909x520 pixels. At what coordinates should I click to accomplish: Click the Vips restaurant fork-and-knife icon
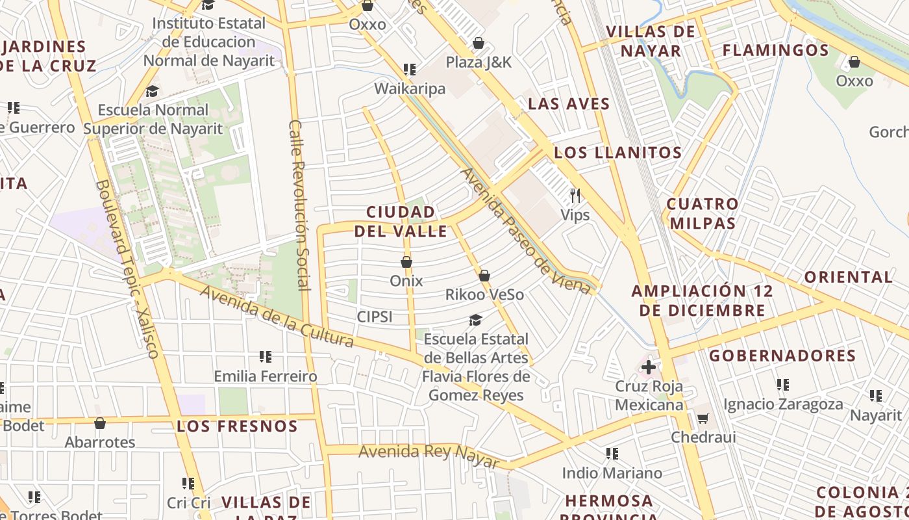(x=575, y=195)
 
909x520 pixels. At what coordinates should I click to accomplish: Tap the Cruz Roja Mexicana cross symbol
(x=648, y=367)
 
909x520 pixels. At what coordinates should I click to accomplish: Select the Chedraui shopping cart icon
(x=703, y=418)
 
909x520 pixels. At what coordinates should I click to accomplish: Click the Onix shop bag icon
(x=406, y=262)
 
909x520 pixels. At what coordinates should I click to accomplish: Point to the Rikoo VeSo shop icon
(x=484, y=276)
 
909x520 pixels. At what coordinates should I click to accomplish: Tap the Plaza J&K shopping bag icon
(x=479, y=43)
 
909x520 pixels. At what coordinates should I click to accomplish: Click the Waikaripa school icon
(x=410, y=69)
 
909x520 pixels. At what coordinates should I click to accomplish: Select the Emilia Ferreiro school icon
(x=266, y=356)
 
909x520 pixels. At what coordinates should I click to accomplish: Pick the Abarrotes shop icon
(x=100, y=424)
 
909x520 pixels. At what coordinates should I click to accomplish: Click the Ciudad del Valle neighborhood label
(x=401, y=222)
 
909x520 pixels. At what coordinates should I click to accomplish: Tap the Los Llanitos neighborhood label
(x=617, y=153)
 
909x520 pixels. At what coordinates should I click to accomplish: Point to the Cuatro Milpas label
(x=703, y=214)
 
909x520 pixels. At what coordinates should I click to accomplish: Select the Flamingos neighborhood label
(x=775, y=50)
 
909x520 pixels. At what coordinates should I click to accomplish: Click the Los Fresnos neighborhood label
(x=237, y=426)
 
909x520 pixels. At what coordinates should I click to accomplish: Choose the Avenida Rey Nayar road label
(x=429, y=454)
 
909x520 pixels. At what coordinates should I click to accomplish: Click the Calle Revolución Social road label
(x=299, y=205)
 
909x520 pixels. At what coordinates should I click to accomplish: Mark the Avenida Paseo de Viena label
(x=526, y=231)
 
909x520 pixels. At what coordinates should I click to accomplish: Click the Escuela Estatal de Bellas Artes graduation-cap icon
(x=476, y=320)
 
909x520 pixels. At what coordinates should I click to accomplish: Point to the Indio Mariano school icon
(x=612, y=453)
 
